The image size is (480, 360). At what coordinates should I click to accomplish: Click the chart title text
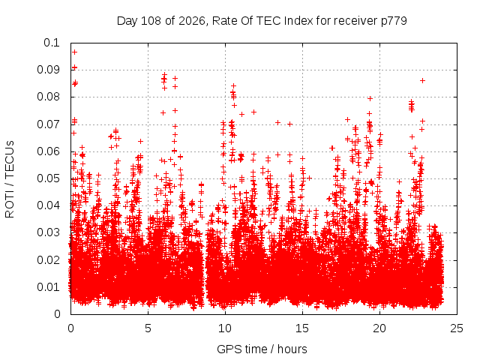click(262, 21)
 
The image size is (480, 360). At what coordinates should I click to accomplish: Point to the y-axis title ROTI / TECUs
click(10, 179)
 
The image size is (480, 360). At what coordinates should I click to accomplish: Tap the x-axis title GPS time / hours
click(262, 349)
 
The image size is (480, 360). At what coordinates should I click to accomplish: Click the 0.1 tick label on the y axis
click(52, 43)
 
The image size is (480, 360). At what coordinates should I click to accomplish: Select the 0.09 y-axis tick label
click(48, 70)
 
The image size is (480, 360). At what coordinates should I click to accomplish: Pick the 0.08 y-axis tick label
click(48, 97)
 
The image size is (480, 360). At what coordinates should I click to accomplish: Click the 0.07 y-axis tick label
click(48, 124)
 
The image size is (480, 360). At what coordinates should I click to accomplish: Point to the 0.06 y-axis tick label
click(48, 151)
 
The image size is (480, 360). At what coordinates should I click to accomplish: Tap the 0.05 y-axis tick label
click(48, 178)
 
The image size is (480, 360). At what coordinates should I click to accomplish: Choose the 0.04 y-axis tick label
click(48, 205)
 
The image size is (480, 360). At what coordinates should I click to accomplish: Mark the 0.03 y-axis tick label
click(48, 232)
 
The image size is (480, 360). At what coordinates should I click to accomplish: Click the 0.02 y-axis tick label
click(48, 260)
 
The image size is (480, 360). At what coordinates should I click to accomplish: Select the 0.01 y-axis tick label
click(48, 287)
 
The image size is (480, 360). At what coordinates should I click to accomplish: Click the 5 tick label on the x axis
click(148, 328)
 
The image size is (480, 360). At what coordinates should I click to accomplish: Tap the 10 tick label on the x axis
click(225, 328)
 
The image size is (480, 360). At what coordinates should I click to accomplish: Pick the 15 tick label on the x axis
click(302, 328)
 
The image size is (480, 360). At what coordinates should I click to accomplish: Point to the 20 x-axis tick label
click(379, 328)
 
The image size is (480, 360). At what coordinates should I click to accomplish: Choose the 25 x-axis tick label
click(457, 328)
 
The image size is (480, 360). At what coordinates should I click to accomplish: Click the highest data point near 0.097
click(74, 52)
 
